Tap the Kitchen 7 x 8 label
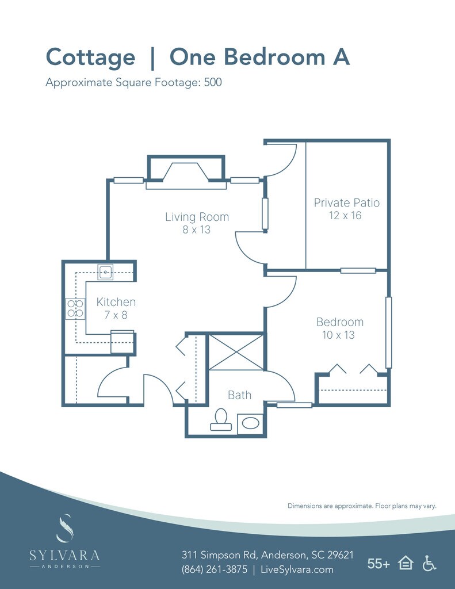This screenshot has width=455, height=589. (116, 308)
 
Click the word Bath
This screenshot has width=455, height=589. (239, 395)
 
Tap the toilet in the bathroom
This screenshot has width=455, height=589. (221, 419)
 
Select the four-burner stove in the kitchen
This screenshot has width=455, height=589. (75, 309)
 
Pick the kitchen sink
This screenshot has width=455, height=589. (105, 272)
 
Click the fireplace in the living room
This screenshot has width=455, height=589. (186, 173)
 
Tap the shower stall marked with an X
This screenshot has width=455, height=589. (236, 353)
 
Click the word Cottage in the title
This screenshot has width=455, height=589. (90, 58)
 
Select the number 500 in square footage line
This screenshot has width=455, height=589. (213, 82)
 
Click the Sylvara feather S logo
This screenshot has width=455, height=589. (64, 528)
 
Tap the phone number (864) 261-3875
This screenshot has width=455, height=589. (215, 569)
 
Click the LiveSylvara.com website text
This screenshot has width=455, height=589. (297, 569)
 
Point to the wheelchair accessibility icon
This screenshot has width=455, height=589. (429, 564)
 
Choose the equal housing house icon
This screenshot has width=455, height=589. (406, 564)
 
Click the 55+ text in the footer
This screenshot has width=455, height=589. (378, 564)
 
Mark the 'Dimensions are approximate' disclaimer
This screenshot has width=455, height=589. (362, 506)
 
